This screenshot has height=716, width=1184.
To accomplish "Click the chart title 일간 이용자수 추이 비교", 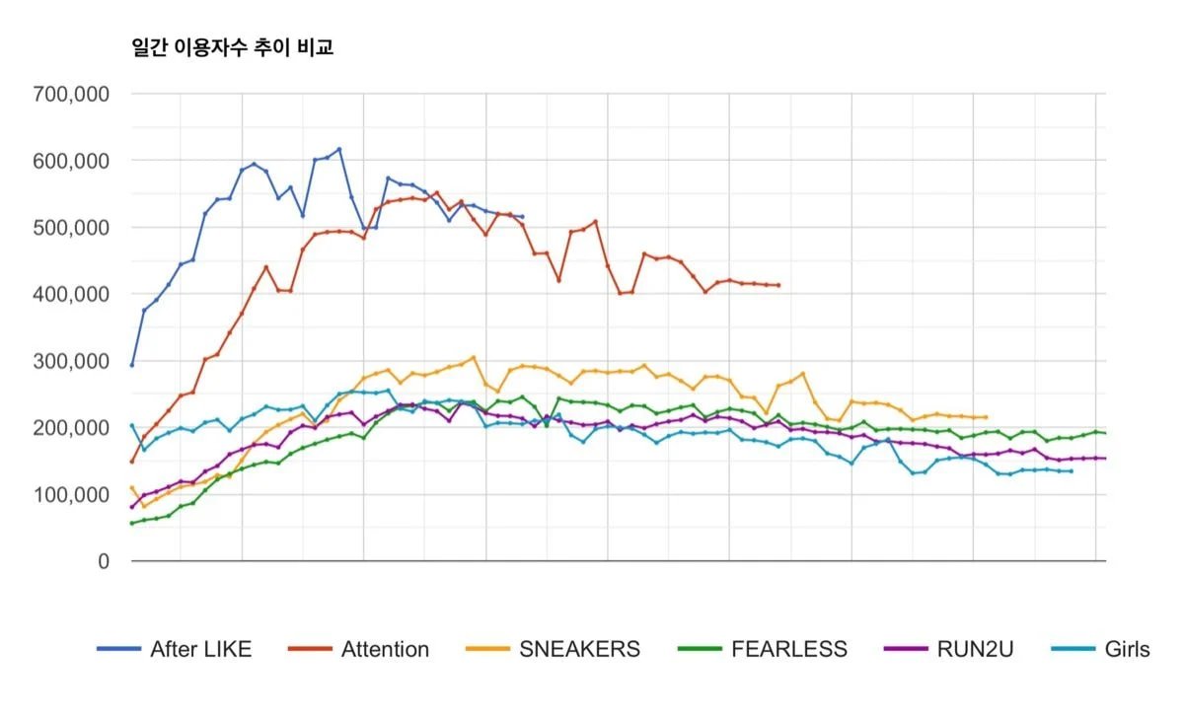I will [233, 47].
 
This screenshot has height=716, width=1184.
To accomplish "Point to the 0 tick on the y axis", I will [103, 561].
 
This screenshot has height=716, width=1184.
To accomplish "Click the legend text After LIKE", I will [200, 649].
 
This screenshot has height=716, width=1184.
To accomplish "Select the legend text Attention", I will [385, 649].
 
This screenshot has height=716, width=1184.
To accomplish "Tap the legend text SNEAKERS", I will [579, 649].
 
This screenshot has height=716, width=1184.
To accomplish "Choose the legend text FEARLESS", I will [788, 649].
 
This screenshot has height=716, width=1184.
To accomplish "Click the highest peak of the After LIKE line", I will [339, 149].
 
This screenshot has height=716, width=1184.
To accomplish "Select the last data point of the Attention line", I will [778, 285].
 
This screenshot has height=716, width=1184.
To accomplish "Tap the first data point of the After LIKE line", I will [132, 365].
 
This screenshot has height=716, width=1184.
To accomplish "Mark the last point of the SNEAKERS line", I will [986, 417].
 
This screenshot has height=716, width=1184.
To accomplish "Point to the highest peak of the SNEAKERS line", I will [474, 357].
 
